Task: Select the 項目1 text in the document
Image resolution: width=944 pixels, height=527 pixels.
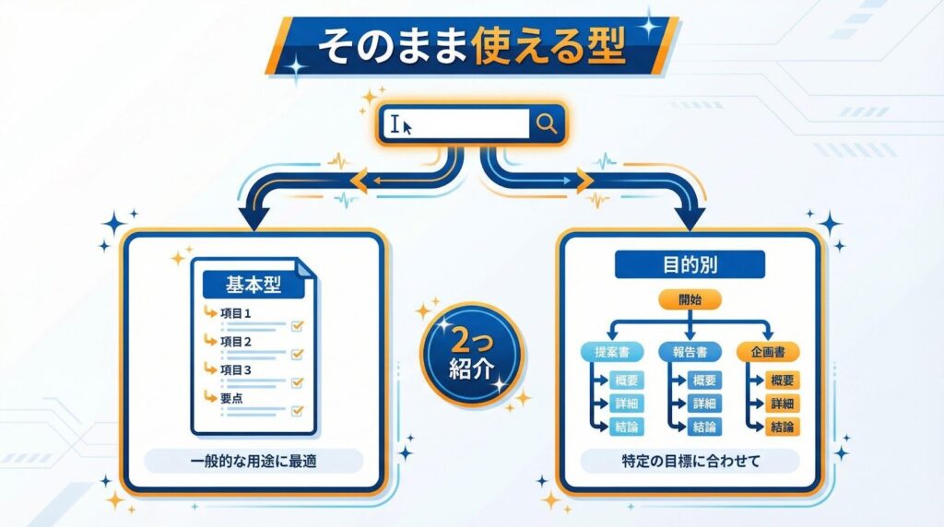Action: [237, 313]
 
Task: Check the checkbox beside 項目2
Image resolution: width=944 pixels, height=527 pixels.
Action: [298, 354]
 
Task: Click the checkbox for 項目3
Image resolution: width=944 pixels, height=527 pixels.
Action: [298, 382]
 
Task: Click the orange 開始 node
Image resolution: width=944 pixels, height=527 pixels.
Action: [690, 300]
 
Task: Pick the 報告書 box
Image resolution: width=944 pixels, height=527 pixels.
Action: [690, 351]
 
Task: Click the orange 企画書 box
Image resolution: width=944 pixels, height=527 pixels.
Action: [767, 351]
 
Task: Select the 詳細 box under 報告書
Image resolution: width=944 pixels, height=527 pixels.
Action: [705, 404]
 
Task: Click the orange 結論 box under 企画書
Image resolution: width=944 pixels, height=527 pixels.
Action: [784, 427]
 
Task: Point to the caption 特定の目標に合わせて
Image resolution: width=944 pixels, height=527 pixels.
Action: [690, 462]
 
